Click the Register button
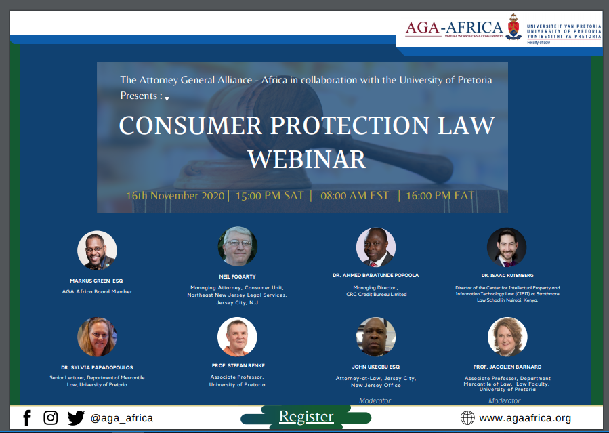(306, 417)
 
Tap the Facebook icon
(27, 418)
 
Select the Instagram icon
(51, 418)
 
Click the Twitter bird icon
(76, 418)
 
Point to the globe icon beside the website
(467, 418)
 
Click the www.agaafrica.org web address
(525, 418)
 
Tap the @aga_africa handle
(121, 418)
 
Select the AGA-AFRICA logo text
(454, 28)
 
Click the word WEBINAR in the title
(306, 159)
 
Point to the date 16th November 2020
(175, 196)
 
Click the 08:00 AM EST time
(354, 196)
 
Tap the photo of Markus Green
(97, 251)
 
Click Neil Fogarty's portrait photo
(237, 246)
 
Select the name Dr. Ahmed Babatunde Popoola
(375, 275)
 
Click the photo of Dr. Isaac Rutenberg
(507, 247)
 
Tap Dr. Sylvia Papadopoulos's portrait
(97, 337)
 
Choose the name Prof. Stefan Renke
(238, 365)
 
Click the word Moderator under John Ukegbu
(375, 400)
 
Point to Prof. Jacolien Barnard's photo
(507, 337)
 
